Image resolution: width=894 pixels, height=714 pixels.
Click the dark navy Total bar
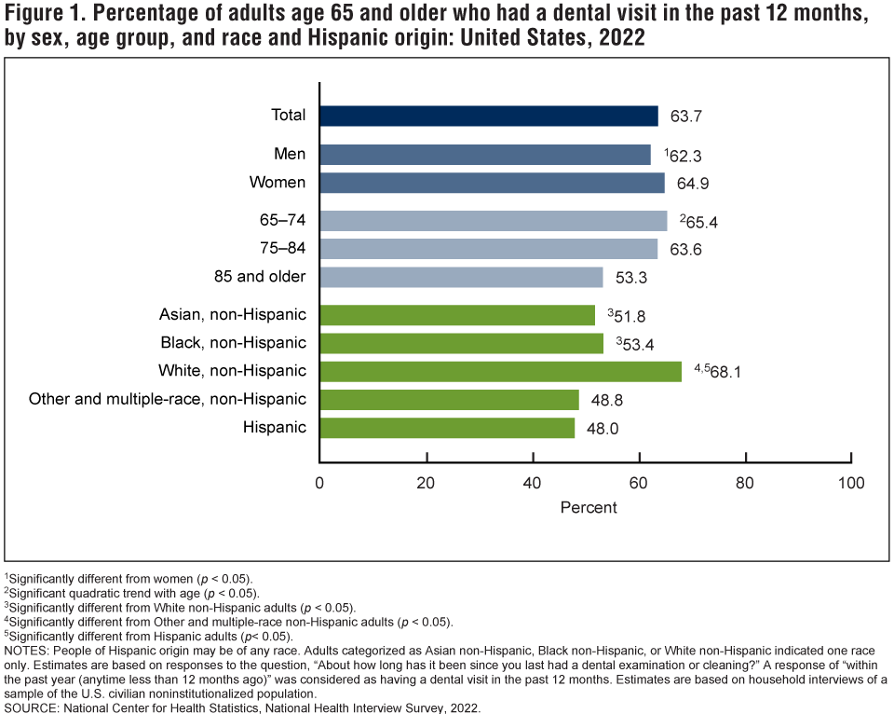tap(489, 116)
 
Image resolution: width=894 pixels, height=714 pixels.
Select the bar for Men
tap(485, 155)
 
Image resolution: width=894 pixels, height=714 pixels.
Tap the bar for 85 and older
tap(461, 277)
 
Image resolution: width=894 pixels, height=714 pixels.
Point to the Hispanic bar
tap(447, 428)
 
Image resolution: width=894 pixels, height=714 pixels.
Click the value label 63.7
tap(684, 117)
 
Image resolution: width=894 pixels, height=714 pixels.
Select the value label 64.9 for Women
tap(690, 184)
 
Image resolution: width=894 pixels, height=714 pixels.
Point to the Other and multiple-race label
tap(168, 399)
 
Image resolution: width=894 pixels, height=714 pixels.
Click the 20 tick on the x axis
tap(427, 483)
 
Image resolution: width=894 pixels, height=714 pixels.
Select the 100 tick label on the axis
tap(851, 483)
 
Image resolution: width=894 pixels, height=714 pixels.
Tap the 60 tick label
tap(639, 483)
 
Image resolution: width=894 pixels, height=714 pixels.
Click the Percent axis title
tap(589, 507)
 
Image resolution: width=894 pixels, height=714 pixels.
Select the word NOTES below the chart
tap(29, 649)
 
